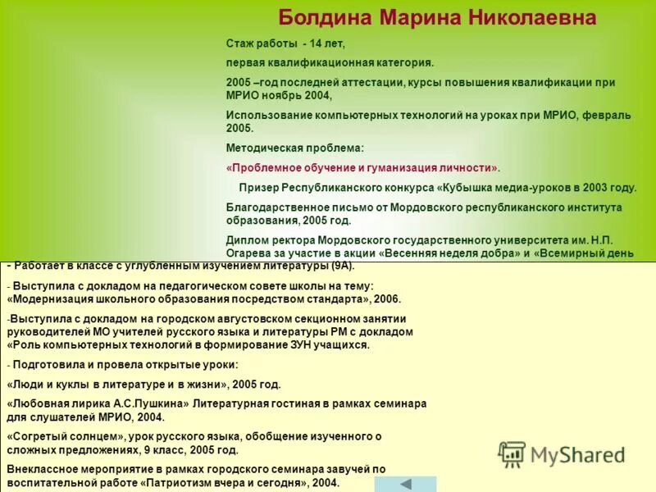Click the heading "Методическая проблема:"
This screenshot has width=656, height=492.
pyautogui.click(x=294, y=148)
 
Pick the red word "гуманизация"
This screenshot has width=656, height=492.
pyautogui.click(x=396, y=167)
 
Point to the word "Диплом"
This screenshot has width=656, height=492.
pyautogui.click(x=245, y=240)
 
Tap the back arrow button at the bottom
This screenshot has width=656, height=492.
pyautogui.click(x=405, y=484)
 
